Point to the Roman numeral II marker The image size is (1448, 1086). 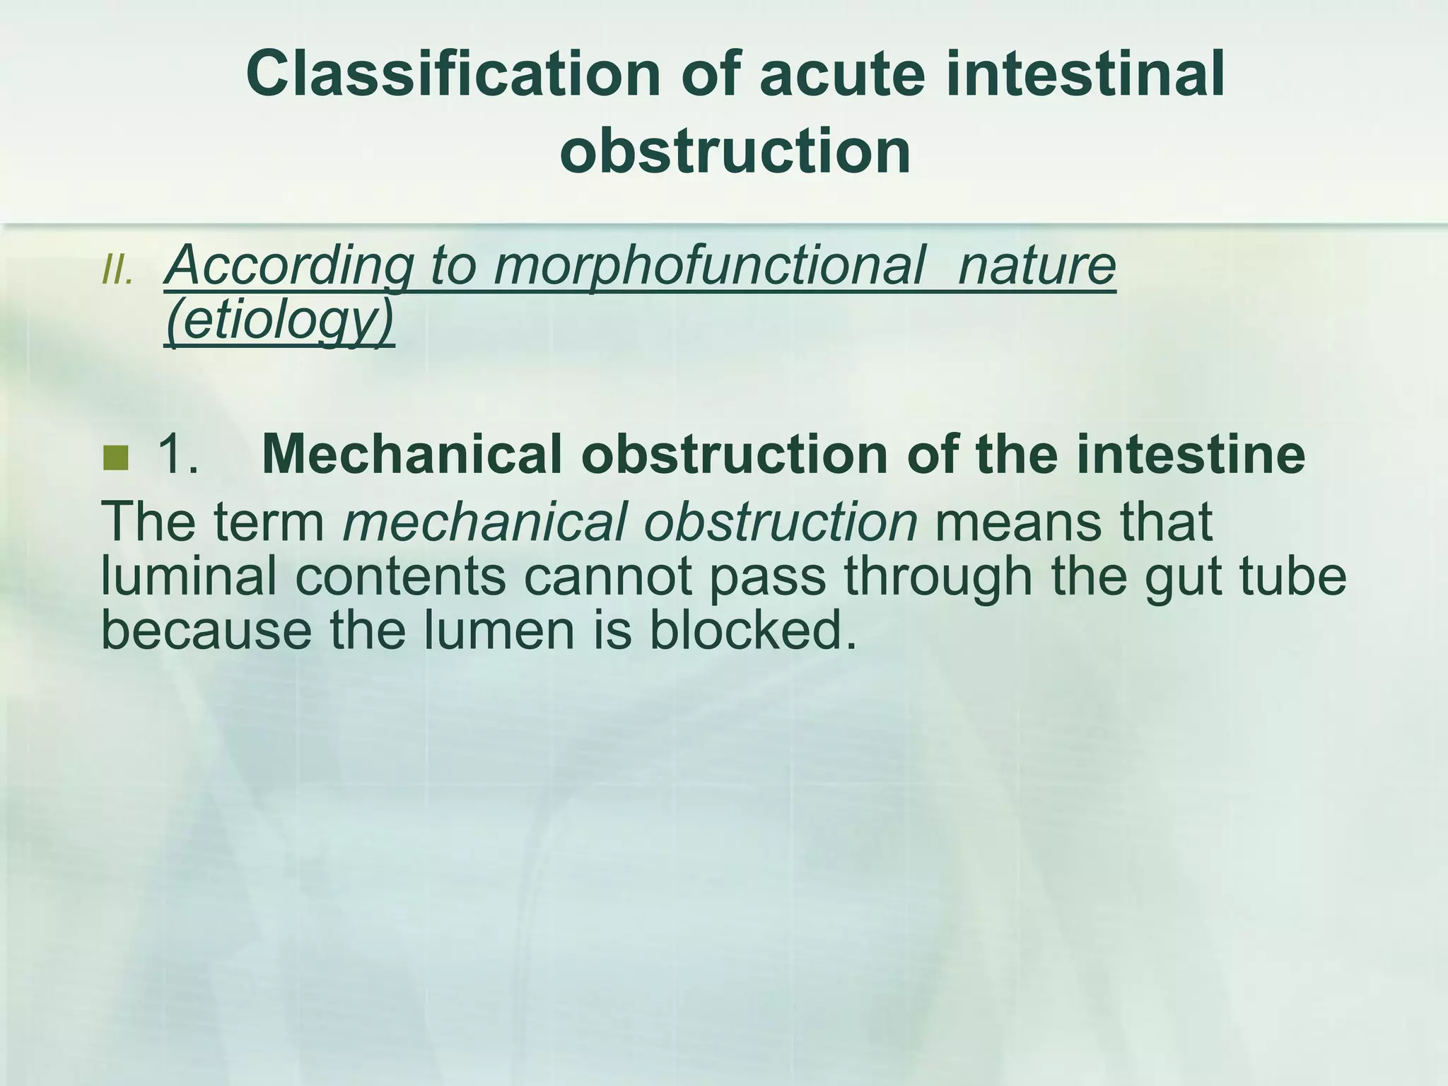click(x=117, y=269)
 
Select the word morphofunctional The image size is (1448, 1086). click(x=709, y=266)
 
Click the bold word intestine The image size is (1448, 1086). click(x=1191, y=454)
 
